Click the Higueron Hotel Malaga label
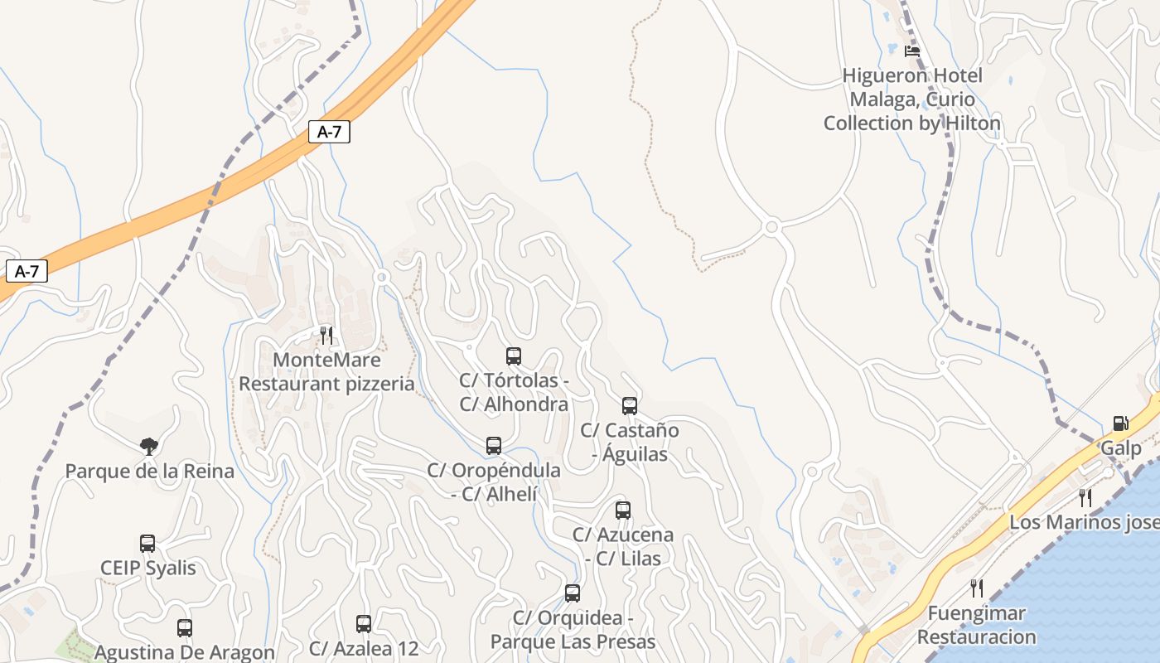[912, 99]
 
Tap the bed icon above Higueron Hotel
[912, 51]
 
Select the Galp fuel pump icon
[1120, 423]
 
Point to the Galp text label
[1120, 448]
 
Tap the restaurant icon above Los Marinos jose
[1085, 497]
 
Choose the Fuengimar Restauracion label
[976, 625]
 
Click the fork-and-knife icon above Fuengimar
[977, 588]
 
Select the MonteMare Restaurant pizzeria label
[326, 372]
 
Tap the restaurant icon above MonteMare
[326, 335]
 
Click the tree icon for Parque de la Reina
[149, 447]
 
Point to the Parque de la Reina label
[149, 472]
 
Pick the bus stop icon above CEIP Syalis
[147, 544]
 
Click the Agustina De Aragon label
[184, 652]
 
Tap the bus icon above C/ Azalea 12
[364, 624]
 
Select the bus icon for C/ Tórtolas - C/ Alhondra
[514, 356]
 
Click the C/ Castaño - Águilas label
[630, 442]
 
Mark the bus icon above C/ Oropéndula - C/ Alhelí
[494, 446]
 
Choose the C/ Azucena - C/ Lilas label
[623, 546]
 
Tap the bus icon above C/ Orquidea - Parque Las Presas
[573, 593]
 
